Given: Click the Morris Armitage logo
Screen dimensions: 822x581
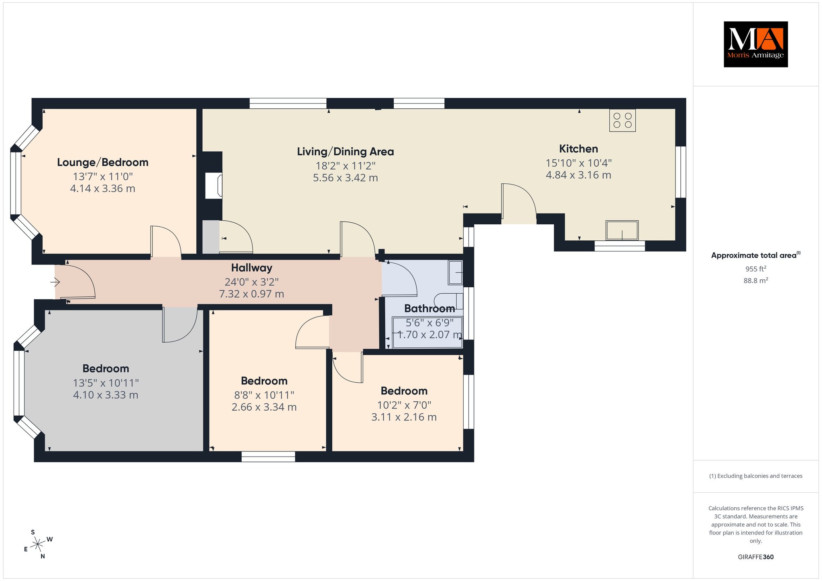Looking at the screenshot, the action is pos(755,44).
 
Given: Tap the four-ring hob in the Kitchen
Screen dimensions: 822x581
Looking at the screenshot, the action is pos(623,120).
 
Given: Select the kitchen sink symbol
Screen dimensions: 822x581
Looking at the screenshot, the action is pos(622,230).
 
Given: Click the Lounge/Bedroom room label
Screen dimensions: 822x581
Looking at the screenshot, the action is pos(103,163).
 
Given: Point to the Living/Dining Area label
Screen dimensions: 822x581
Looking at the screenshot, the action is pos(345,152).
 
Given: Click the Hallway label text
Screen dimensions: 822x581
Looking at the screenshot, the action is pos(252,268).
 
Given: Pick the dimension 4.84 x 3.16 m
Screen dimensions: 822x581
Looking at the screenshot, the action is pos(578,175).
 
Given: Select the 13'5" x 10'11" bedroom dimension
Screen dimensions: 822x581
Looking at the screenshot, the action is pos(106,383).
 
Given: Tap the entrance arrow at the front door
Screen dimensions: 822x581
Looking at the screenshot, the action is pos(55,283).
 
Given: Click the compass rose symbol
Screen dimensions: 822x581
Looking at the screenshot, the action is pos(38,544).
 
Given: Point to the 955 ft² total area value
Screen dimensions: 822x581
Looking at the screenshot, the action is pos(756,269).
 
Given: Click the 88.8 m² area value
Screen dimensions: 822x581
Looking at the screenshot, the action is pos(756,280).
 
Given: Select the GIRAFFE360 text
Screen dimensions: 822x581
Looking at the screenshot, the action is pos(756,557).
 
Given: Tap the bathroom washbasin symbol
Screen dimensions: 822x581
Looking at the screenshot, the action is pos(456,273).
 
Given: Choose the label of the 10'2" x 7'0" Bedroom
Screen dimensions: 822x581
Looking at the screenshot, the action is pos(404,391).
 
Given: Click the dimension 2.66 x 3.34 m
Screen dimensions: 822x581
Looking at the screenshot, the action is pos(264,407).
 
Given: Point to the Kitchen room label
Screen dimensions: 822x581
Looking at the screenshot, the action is pos(578,149).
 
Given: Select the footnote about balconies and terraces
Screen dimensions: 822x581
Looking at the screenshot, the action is pos(756,476).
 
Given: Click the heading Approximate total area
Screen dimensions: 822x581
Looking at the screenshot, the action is pos(756,255).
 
